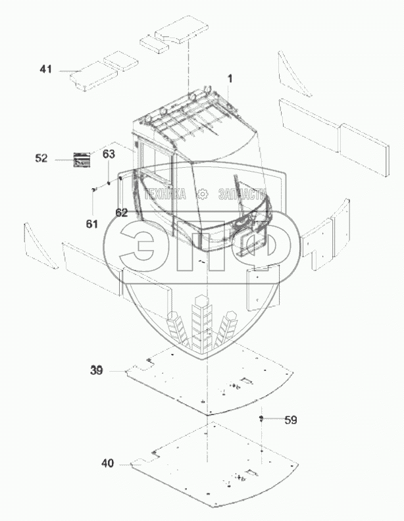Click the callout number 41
click(45, 69)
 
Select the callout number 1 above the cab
click(230, 79)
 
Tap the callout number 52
click(41, 158)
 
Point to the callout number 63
click(109, 154)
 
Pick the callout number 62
click(121, 212)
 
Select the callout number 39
click(97, 370)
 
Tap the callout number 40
click(107, 463)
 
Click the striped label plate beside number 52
click(81, 159)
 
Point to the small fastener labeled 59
click(261, 418)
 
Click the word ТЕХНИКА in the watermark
click(163, 194)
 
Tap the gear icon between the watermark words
click(203, 194)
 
